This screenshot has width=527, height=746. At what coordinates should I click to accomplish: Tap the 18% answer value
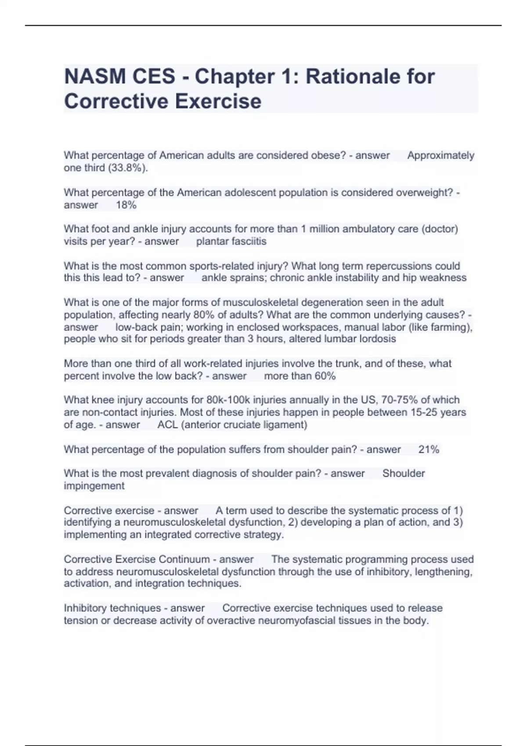pyautogui.click(x=126, y=205)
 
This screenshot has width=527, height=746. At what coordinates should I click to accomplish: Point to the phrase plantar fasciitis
pyautogui.click(x=231, y=241)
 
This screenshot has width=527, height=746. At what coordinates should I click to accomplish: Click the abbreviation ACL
pyautogui.click(x=167, y=425)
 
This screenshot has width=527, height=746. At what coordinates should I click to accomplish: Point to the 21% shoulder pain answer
pyautogui.click(x=429, y=449)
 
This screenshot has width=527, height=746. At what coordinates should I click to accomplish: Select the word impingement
pyautogui.click(x=94, y=486)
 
